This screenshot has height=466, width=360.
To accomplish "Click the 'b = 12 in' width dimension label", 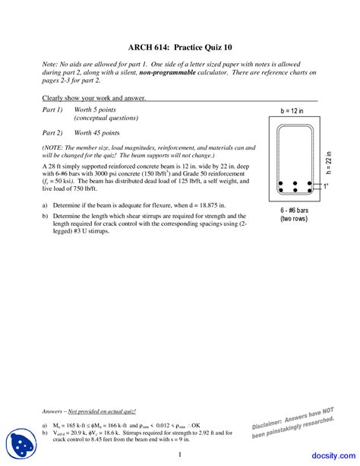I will coord(292,111).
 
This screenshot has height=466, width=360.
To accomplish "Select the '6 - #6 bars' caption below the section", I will coord(292,209).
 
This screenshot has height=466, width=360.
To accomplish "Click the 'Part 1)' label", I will coord(53,110).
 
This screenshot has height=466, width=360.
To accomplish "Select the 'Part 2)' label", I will coord(53,132).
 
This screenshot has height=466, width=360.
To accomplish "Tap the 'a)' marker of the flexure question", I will coord(45,205).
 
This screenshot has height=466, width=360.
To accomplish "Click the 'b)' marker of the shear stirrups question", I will coord(45,216).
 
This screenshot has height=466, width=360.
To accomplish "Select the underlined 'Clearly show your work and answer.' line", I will coord(93,98).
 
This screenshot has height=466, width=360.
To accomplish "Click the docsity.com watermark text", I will coord(330,455).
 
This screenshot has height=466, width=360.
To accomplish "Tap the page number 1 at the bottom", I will coord(179,455).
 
